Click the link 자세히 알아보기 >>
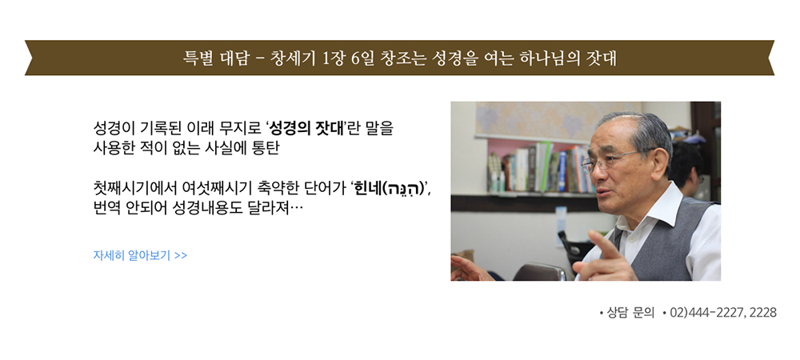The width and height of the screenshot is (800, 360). point(140,255)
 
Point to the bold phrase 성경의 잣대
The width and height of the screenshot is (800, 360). point(306,127)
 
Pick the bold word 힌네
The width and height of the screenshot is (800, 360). point(368,189)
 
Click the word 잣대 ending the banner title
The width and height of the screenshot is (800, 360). point(602,58)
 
